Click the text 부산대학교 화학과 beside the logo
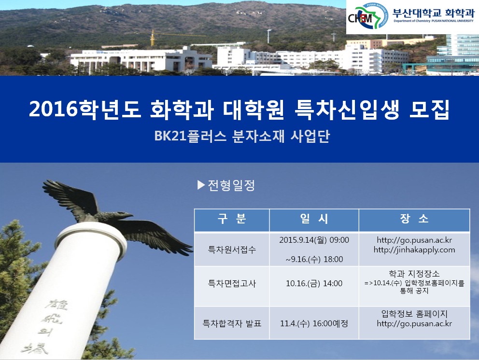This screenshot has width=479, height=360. (434, 13)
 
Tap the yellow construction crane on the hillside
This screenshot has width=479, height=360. (153, 38)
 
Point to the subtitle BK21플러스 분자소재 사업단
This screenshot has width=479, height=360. (242, 136)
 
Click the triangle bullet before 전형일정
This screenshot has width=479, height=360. (201, 185)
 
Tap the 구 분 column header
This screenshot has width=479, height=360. (232, 219)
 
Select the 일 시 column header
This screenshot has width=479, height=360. (314, 219)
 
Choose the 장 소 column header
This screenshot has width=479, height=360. (414, 219)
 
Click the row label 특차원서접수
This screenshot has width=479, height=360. (232, 249)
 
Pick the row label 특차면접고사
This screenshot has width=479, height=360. (232, 283)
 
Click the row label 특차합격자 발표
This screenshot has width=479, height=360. (232, 323)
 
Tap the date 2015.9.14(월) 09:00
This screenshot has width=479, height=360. (314, 240)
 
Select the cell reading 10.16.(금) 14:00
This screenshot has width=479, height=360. (314, 283)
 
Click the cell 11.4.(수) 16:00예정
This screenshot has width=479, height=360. (314, 323)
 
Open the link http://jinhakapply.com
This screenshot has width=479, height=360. (414, 250)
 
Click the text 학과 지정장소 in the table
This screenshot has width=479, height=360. (414, 274)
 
